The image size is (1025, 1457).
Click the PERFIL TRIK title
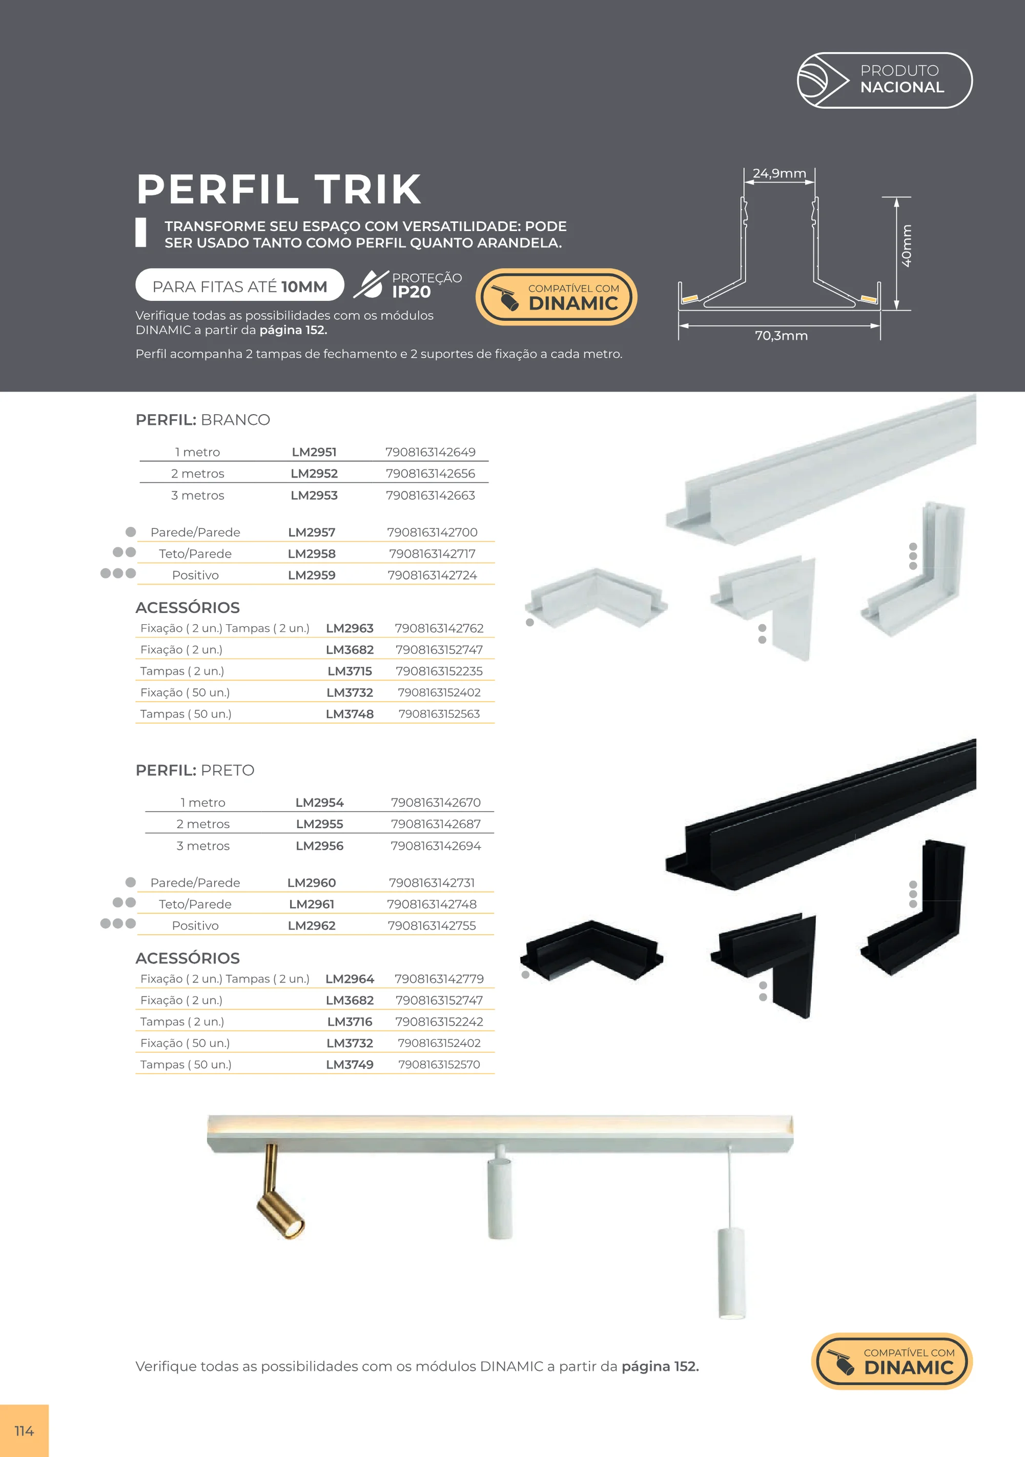279,189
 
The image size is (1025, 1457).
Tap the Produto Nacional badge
884,80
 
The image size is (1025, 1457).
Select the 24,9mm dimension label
780,173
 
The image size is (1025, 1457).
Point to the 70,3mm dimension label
781,336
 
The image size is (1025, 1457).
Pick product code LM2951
314,452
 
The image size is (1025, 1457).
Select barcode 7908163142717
432,553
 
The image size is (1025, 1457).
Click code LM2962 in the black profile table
312,925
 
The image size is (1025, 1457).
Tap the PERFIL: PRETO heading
195,770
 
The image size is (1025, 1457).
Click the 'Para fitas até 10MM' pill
240,285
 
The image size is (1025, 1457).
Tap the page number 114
24,1431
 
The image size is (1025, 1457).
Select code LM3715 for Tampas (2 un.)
350,671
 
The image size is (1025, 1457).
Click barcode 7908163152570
439,1064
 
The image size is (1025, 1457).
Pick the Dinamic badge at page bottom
892,1361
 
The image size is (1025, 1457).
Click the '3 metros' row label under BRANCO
197,495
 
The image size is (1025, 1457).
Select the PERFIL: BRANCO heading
203,419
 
